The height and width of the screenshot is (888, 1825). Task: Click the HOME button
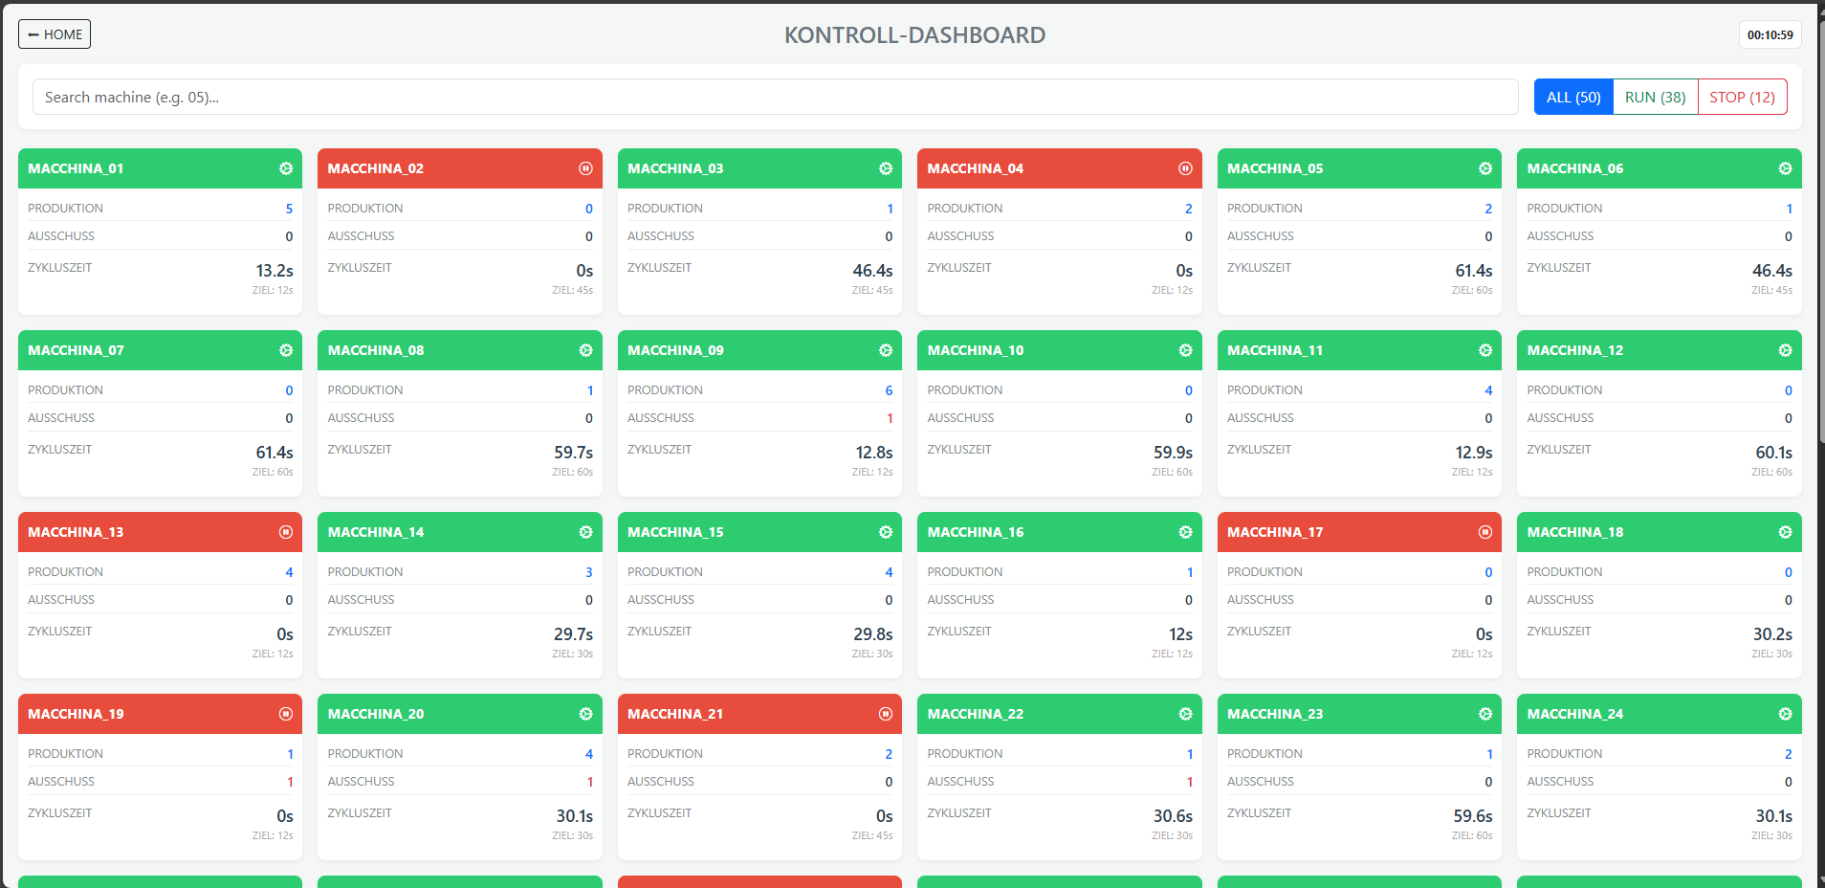click(x=55, y=34)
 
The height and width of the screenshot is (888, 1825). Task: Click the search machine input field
click(x=775, y=97)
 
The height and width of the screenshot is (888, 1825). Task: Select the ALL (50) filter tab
click(x=1572, y=97)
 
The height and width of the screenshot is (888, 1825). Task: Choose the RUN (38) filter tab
click(x=1655, y=97)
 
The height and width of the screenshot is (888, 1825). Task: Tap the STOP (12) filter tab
click(x=1742, y=97)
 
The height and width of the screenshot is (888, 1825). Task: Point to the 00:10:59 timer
click(x=1770, y=34)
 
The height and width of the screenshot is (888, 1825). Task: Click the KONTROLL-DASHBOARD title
click(x=914, y=35)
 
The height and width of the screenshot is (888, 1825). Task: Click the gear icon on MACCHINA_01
click(x=286, y=168)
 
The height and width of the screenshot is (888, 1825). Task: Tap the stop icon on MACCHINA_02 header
click(x=585, y=168)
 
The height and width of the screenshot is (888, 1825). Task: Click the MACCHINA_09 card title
click(x=675, y=350)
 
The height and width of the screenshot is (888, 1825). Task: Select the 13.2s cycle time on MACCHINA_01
click(x=275, y=271)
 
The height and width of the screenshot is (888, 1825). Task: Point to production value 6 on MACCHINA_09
click(x=889, y=390)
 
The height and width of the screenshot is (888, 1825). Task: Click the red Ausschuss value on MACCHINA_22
click(x=1189, y=782)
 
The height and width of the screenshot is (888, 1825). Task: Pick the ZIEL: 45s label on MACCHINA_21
click(x=872, y=835)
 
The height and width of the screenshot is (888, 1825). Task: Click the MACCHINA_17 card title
click(x=1275, y=532)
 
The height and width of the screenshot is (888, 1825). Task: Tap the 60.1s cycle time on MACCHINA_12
click(x=1773, y=453)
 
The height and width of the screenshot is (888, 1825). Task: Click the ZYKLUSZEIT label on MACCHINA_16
click(x=958, y=632)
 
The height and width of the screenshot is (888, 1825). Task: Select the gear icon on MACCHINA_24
click(x=1785, y=714)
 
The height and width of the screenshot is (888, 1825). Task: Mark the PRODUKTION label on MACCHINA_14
click(x=365, y=572)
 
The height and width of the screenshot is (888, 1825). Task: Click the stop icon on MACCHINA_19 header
click(x=286, y=714)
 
